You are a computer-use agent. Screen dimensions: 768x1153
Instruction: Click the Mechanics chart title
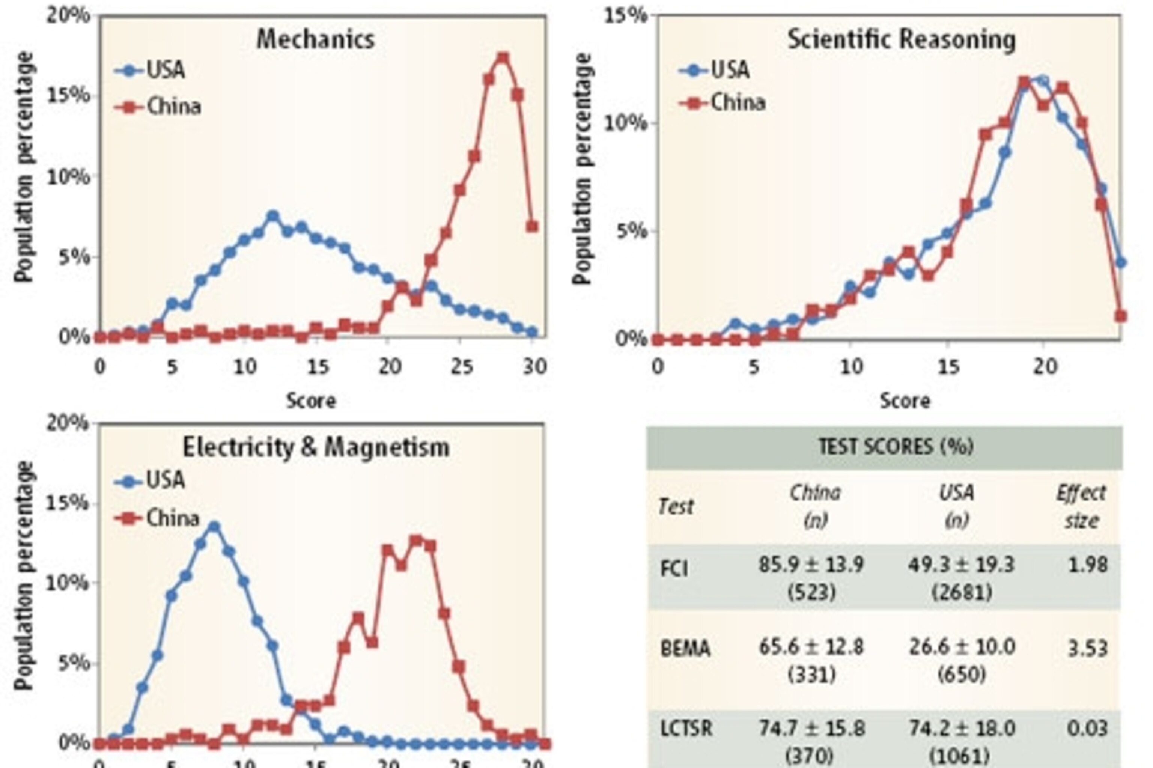(x=315, y=39)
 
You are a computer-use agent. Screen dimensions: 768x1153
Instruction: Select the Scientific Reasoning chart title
(x=901, y=39)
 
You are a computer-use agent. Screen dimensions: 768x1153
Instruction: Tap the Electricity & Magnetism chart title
(x=316, y=447)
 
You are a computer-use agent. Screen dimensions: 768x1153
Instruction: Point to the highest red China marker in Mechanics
(x=503, y=58)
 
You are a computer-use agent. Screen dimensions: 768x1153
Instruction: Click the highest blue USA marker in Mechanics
(x=273, y=215)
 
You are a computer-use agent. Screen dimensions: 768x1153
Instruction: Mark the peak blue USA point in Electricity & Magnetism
(x=214, y=527)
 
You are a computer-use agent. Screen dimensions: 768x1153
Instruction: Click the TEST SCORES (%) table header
(x=896, y=447)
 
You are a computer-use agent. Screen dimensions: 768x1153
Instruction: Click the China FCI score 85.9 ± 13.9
(x=811, y=565)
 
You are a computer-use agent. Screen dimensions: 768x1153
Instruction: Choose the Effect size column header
(x=1081, y=506)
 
